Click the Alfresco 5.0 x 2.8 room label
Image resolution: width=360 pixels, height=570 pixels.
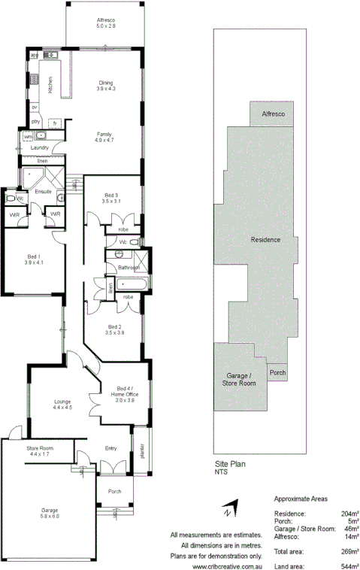(x=106, y=22)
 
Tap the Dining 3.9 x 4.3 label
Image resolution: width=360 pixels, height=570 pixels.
(x=106, y=86)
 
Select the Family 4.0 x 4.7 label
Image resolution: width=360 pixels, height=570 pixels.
(x=103, y=137)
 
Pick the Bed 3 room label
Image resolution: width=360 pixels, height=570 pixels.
(x=111, y=198)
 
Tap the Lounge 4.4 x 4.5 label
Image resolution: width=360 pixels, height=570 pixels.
(x=62, y=405)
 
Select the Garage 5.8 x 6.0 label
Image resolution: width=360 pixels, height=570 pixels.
(x=50, y=513)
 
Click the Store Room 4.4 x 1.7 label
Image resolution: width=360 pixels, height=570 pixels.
(x=38, y=452)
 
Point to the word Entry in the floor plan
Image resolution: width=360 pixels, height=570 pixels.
(x=111, y=448)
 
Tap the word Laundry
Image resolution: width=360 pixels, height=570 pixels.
(x=39, y=148)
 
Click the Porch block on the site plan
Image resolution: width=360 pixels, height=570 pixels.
(x=277, y=372)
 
